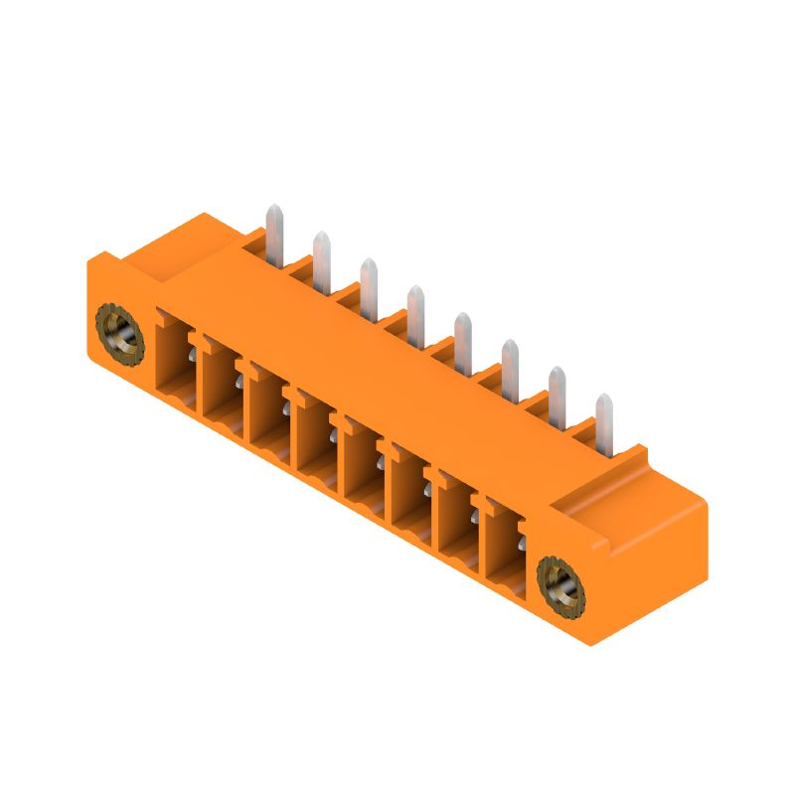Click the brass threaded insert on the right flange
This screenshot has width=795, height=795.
click(560, 585)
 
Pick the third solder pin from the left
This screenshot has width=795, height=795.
click(369, 284)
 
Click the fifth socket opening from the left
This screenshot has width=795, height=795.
click(364, 468)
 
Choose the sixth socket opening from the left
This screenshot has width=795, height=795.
click(410, 496)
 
